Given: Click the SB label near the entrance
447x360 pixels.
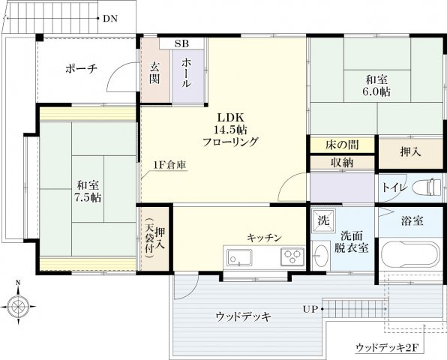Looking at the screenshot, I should pos(182,43).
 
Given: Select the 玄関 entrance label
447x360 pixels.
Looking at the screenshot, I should pos(155,73).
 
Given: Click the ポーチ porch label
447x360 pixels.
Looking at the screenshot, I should pos(80,68).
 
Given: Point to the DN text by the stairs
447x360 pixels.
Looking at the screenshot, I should pos(110,17).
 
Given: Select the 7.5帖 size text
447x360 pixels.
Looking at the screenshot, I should pos(88,197).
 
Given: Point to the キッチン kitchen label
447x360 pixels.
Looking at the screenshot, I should pos(264,237).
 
